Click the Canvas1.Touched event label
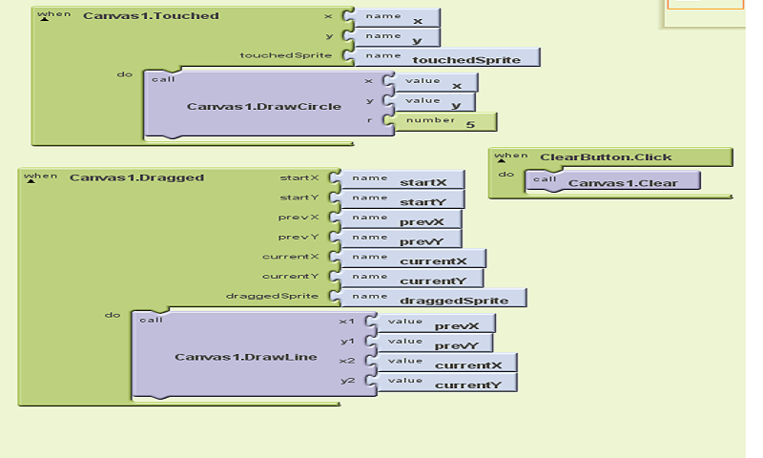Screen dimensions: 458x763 (151, 16)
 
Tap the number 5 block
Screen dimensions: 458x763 (448, 122)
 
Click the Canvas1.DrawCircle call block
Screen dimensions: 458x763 (263, 105)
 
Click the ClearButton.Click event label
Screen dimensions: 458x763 (605, 157)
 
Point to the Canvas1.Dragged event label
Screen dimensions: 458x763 (136, 177)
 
